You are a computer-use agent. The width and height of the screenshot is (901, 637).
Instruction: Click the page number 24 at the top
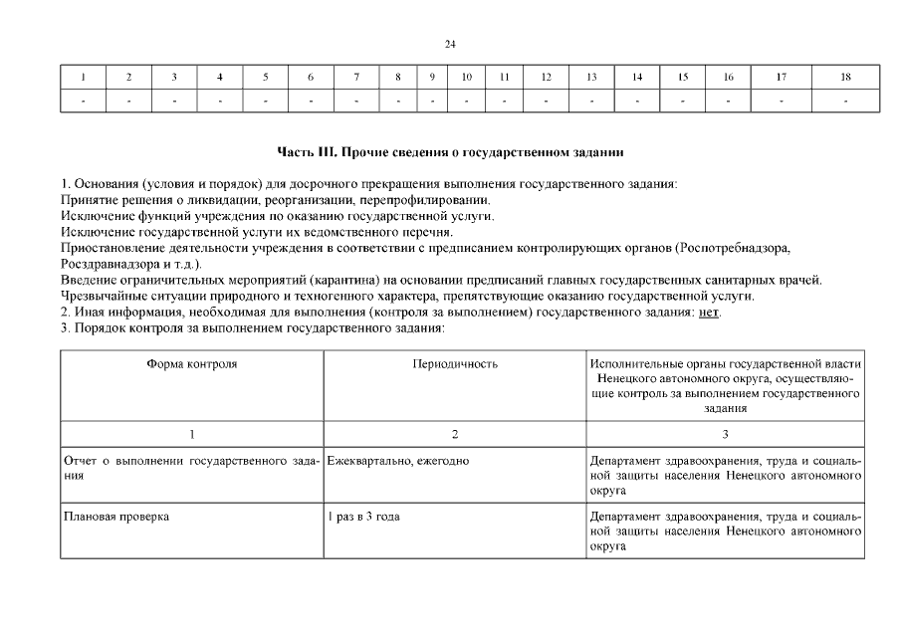(450, 45)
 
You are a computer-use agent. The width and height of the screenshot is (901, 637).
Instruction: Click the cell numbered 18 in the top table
(845, 77)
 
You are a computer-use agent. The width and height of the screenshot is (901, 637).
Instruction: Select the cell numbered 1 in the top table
(83, 77)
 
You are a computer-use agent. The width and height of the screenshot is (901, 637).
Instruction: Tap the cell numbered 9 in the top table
(432, 77)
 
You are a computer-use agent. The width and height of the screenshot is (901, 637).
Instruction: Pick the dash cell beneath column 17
(782, 101)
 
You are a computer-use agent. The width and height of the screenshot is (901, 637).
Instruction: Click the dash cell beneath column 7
(356, 101)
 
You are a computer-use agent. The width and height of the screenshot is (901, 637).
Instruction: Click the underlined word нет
(708, 312)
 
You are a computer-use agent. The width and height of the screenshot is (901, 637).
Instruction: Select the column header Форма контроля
(191, 364)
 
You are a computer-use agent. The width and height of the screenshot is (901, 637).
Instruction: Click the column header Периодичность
(454, 364)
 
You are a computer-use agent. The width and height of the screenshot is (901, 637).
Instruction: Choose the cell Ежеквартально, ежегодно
(398, 462)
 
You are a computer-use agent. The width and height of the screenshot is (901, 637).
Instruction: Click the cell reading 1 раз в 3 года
(364, 518)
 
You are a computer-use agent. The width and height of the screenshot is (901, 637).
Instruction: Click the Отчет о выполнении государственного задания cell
(191, 469)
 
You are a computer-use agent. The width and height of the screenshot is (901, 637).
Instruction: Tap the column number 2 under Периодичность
(454, 434)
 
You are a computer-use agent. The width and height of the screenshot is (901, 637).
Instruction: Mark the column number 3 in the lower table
(725, 434)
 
